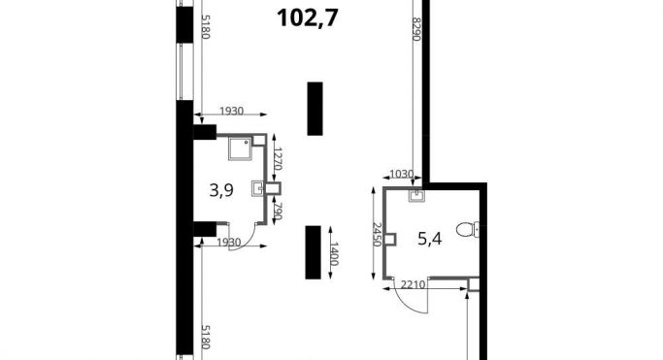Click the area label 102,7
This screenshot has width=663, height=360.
coord(308,18)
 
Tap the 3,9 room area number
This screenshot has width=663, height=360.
coord(221,190)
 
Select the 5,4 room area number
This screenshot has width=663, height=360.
coord(430,239)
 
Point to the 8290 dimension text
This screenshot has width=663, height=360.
coord(416,29)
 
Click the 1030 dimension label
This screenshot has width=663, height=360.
coord(401,174)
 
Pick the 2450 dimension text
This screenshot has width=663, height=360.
coord(378,235)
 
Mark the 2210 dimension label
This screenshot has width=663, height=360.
coord(413,284)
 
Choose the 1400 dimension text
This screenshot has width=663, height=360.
coord(334,253)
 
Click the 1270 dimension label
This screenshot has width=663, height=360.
coord(278,158)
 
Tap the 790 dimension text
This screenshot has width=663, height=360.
coord(278,211)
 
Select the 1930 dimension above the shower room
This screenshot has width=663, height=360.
coord(232,111)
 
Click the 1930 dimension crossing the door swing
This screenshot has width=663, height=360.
coord(229,243)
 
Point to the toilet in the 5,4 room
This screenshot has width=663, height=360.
coord(468,229)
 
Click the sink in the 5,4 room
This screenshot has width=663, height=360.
coord(416,196)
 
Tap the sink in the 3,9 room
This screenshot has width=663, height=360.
coord(257,189)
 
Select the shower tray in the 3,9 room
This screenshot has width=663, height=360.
coord(240,148)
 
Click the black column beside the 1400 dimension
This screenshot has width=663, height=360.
coord(313,252)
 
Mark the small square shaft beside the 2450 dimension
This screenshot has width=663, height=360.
coord(390,240)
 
